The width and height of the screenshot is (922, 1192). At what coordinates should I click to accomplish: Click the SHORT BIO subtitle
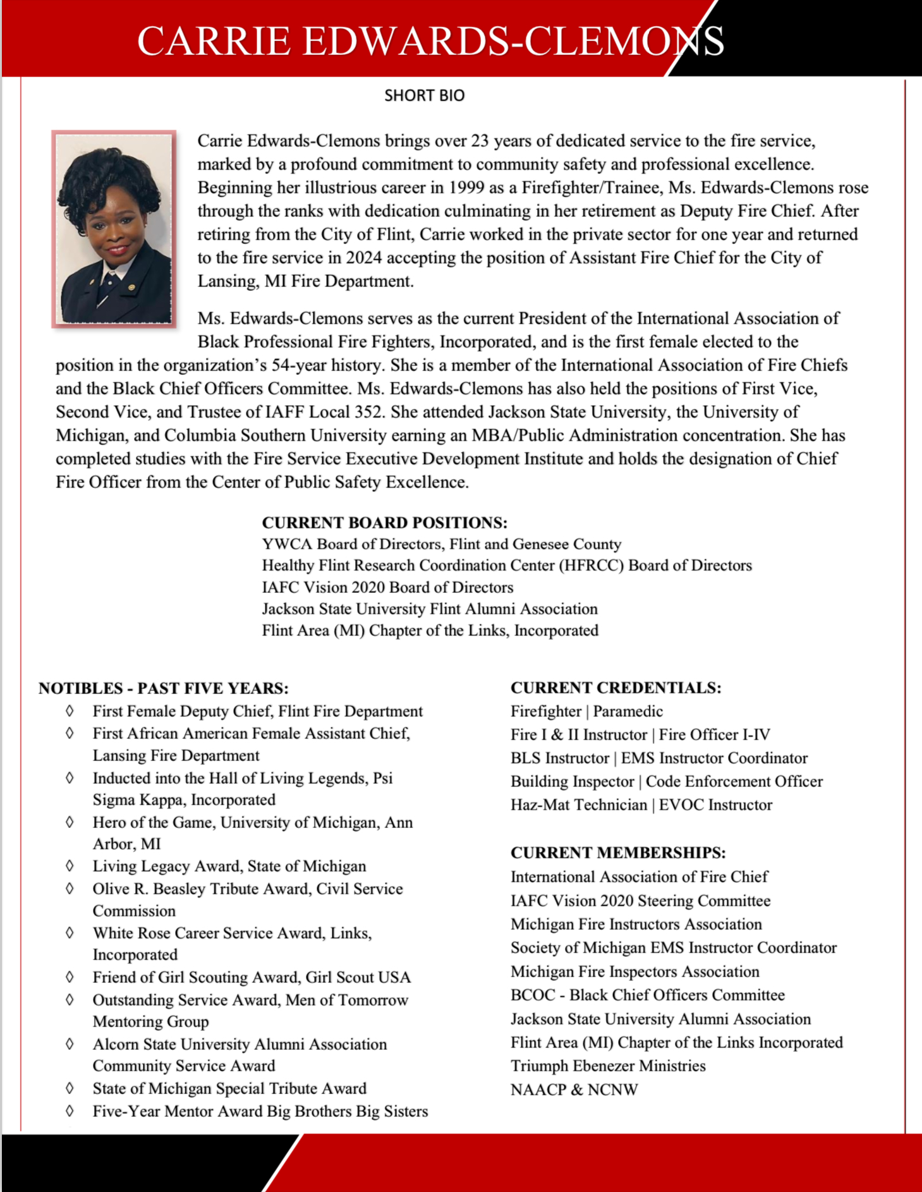tap(424, 95)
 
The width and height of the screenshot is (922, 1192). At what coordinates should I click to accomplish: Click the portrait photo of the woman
tap(114, 229)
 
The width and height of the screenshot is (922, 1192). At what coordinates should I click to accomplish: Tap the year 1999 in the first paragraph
tap(467, 188)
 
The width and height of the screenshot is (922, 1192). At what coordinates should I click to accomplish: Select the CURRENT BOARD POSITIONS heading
tap(384, 523)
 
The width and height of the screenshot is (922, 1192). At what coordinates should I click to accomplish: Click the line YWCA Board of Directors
tap(441, 544)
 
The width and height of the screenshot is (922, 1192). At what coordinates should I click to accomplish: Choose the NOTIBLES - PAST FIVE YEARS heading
tap(163, 688)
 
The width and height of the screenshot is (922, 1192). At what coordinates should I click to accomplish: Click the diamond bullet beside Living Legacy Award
tap(70, 865)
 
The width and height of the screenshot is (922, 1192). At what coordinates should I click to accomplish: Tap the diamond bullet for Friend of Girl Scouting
tap(70, 976)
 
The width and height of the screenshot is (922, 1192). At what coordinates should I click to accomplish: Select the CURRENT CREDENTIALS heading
tap(616, 688)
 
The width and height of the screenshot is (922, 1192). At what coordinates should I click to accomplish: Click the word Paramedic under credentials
tap(628, 712)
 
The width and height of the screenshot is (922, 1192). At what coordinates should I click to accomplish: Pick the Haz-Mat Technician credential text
tap(578, 805)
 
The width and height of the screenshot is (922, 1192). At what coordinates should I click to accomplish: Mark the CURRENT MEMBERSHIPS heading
tap(617, 853)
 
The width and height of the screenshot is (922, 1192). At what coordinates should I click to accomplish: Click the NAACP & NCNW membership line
tap(574, 1090)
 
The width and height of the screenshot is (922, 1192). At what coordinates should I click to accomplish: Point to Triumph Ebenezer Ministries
tap(607, 1066)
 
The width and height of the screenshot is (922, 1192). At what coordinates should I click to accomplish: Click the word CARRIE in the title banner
tap(214, 42)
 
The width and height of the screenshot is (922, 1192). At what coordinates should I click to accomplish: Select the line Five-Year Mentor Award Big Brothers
tap(260, 1111)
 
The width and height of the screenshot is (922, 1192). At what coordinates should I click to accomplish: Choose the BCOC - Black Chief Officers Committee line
tap(647, 995)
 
